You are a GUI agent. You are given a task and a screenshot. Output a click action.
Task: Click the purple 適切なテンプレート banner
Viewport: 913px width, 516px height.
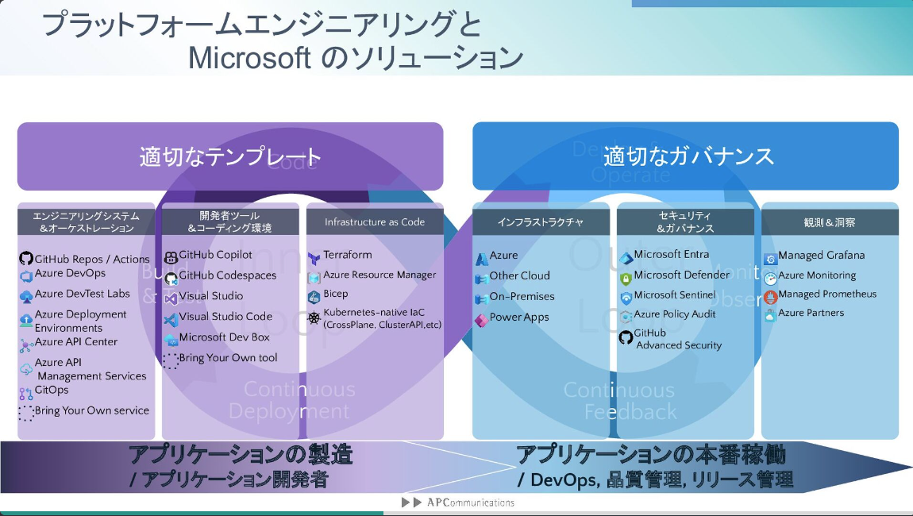[x=230, y=156]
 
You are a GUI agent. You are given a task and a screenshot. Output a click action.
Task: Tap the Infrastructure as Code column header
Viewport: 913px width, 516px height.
[x=375, y=222]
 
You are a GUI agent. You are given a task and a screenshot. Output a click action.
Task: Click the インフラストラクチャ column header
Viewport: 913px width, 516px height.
[x=541, y=222]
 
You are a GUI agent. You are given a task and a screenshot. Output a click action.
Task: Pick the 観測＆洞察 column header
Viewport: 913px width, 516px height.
[x=830, y=222]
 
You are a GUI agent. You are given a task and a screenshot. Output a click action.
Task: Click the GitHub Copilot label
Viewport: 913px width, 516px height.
[x=215, y=255]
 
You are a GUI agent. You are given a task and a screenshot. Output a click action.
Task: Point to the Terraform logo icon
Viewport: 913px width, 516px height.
[x=314, y=256]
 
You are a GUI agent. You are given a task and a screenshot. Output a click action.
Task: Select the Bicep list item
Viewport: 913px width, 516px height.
[x=335, y=294]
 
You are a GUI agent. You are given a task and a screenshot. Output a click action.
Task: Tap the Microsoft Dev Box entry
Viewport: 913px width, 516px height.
[x=224, y=337]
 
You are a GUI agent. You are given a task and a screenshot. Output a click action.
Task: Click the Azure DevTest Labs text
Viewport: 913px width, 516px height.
[x=82, y=294]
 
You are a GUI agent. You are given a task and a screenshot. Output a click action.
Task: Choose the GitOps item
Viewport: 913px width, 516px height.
[x=52, y=390]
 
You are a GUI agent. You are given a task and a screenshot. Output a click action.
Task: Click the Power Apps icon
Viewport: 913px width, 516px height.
[x=481, y=318]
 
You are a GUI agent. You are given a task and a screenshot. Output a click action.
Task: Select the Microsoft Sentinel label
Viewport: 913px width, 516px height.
[x=675, y=295]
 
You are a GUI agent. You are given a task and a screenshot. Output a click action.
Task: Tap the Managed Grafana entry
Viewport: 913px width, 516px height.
[x=821, y=256]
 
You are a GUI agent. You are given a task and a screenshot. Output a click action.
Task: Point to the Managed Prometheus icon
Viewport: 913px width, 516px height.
[x=770, y=296]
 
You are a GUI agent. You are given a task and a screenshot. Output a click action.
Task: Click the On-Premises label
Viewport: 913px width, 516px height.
[x=522, y=297]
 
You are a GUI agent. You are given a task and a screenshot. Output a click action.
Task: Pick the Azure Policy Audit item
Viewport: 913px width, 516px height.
[x=675, y=314]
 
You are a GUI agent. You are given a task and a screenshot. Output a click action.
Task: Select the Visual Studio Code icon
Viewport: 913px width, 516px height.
[x=171, y=318]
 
